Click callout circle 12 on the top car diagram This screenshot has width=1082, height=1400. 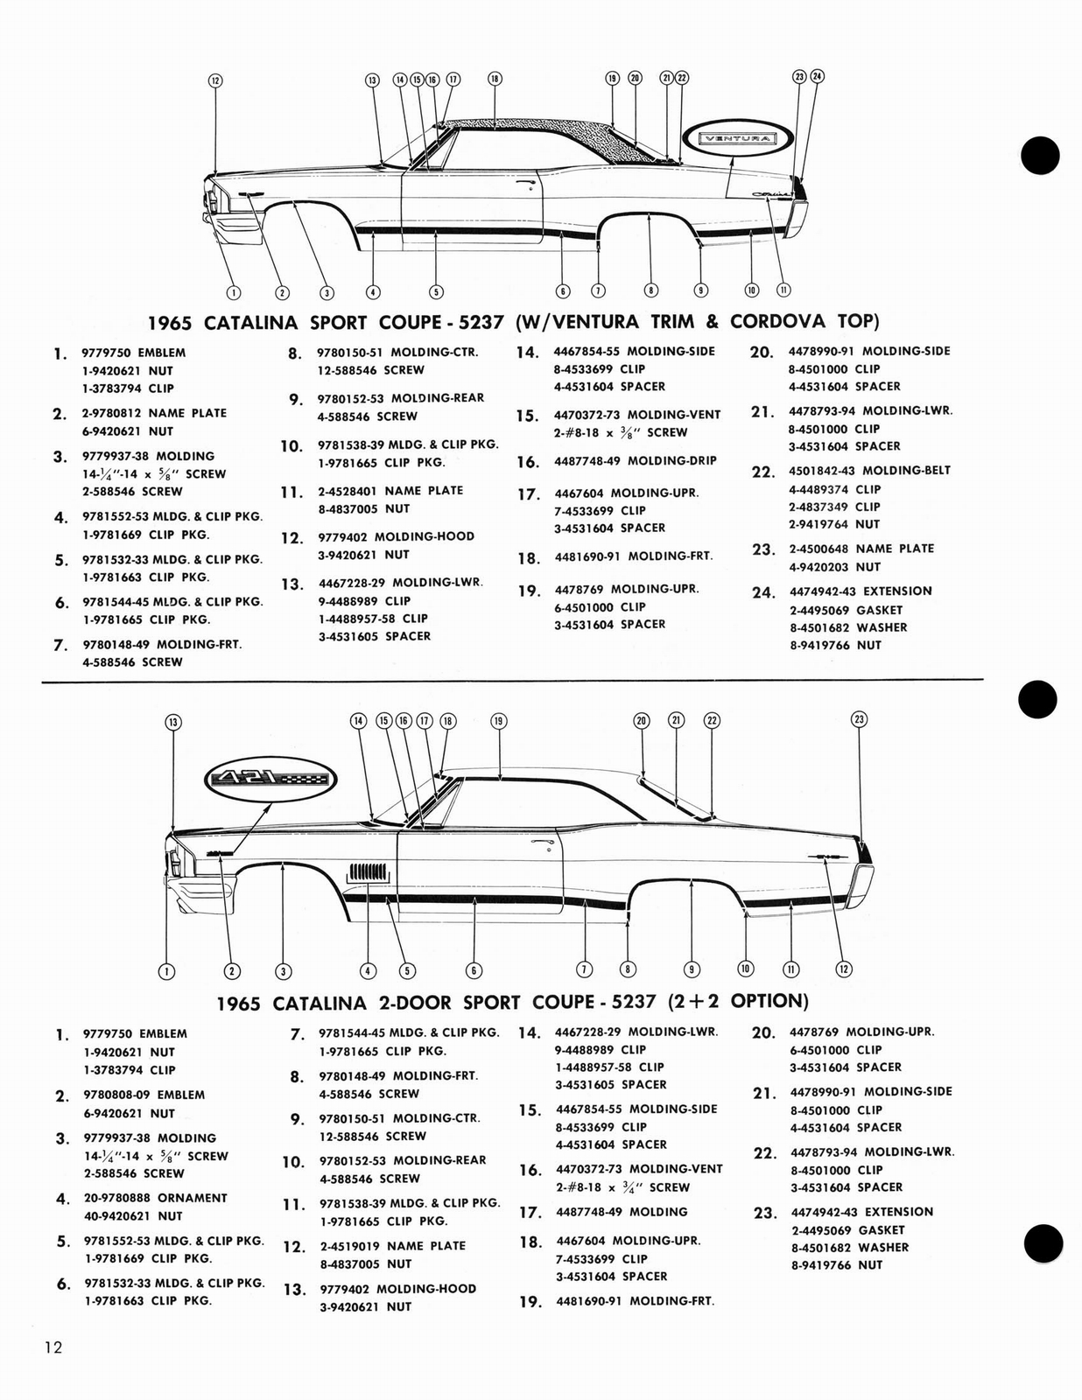[214, 80]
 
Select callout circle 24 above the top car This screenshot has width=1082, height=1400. [817, 76]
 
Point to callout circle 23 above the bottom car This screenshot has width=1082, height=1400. [859, 719]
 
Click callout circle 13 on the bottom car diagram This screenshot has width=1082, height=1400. [173, 722]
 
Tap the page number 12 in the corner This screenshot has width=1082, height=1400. [54, 1347]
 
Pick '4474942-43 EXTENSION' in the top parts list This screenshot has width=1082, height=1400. [860, 591]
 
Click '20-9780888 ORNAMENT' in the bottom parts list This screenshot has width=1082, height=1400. [155, 1198]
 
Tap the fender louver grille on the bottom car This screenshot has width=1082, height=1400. [367, 872]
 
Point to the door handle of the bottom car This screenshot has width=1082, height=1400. [544, 843]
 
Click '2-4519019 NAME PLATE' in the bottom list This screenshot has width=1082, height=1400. [392, 1246]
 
